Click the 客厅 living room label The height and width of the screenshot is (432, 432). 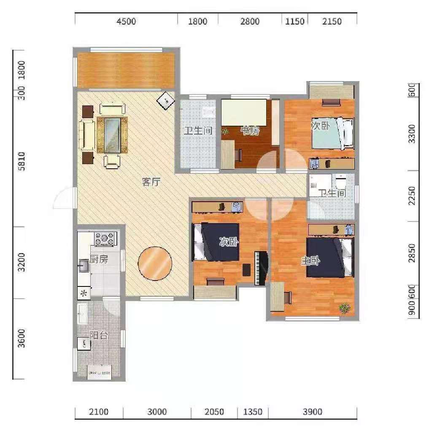tap(151, 183)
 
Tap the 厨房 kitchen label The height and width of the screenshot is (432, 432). tap(99, 259)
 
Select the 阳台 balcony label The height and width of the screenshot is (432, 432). tap(99, 335)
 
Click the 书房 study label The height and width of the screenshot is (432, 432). tap(250, 131)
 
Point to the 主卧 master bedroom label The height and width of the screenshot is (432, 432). tap(310, 261)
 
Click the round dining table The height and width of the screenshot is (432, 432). tap(155, 263)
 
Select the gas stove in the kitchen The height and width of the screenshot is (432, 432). tap(105, 239)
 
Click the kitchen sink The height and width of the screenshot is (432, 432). tap(84, 265)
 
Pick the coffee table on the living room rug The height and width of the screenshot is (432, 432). tap(113, 135)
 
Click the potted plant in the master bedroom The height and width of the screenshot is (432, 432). tap(345, 308)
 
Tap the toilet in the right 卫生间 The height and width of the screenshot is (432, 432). tap(341, 182)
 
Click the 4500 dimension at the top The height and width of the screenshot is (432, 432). tap(126, 22)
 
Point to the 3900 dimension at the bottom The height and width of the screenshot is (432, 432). tap(313, 412)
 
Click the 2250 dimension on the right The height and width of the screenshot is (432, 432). tap(412, 196)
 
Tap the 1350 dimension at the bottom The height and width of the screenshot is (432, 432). tap(253, 412)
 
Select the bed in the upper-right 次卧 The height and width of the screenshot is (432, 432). tap(331, 134)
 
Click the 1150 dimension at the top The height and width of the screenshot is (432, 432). tap(294, 22)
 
